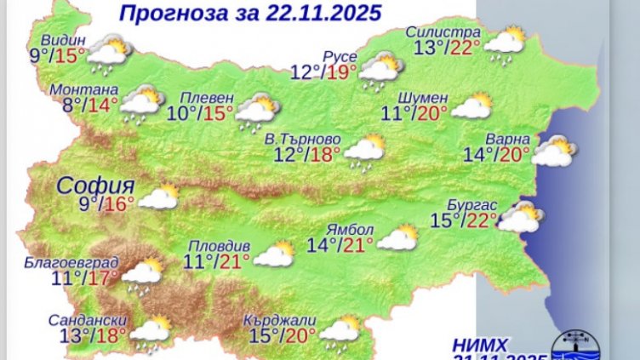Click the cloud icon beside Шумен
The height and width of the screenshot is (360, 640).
[x=472, y=106]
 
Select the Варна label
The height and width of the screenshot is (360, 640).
[x=508, y=139]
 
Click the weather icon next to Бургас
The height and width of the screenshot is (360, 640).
[x=520, y=218]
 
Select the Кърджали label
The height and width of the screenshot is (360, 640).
[x=279, y=320]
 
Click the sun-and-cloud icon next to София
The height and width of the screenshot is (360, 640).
[x=158, y=197]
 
